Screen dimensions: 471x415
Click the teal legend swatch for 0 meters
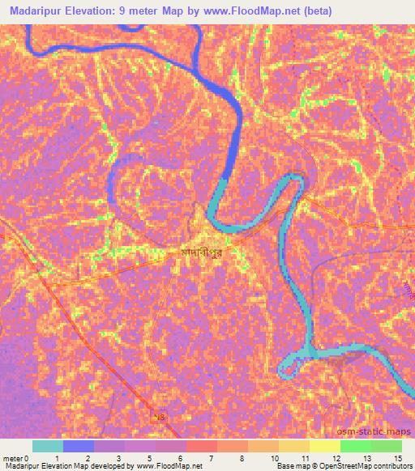coord(48,446)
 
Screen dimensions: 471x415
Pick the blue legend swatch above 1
coord(79,446)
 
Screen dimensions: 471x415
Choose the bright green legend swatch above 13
coord(355,446)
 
